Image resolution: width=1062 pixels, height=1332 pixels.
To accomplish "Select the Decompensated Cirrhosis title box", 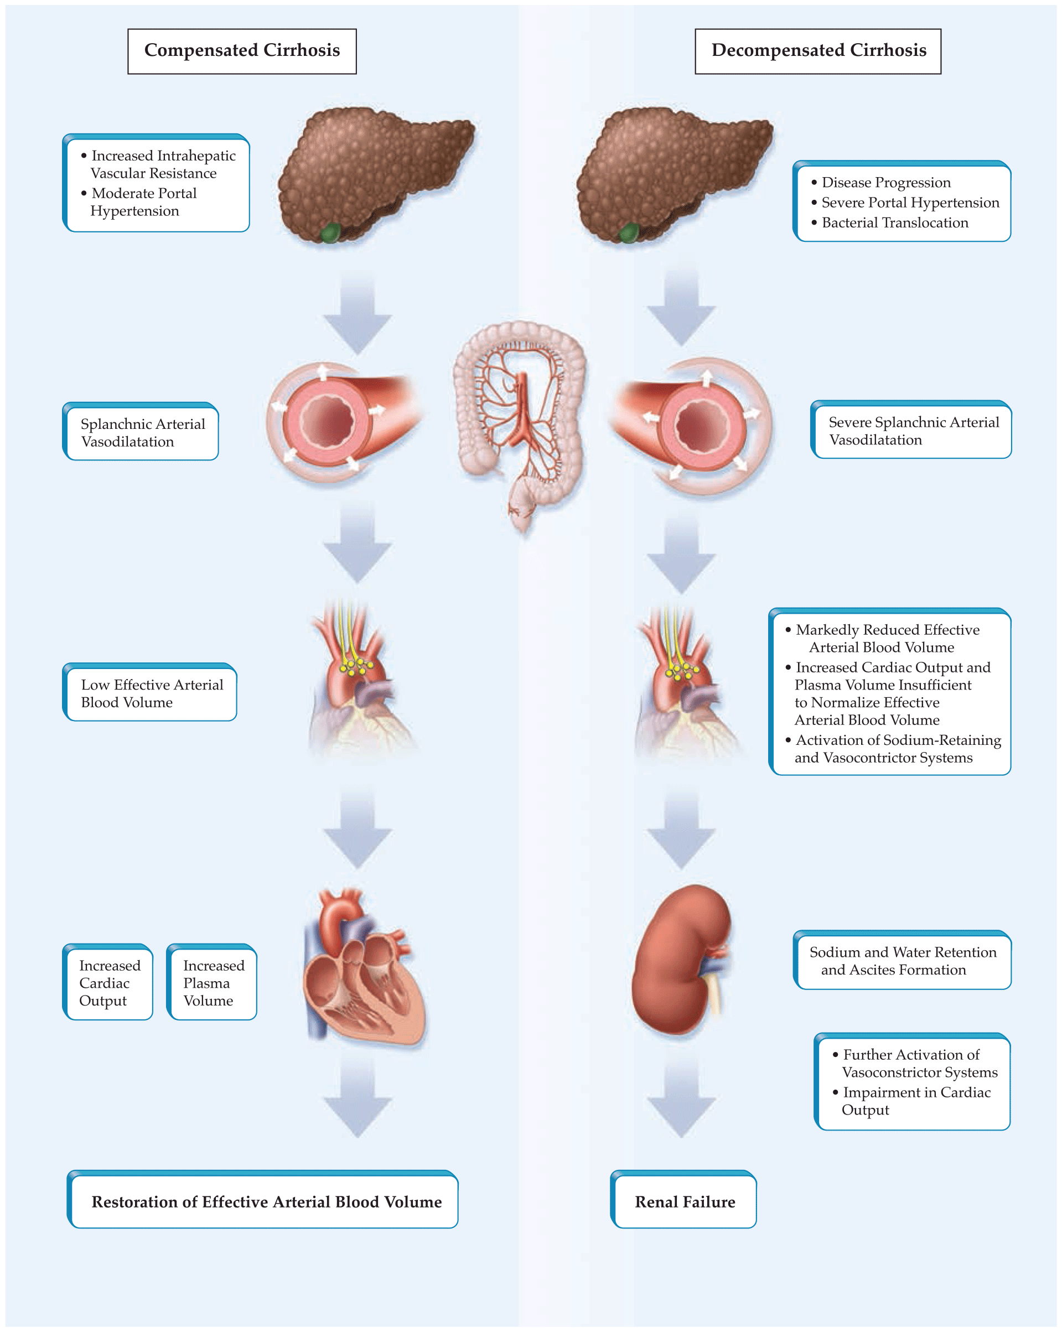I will point(817,51).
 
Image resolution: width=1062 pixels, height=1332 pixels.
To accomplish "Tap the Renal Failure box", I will point(684,1201).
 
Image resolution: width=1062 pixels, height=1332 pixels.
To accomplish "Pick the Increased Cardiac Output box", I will point(108,982).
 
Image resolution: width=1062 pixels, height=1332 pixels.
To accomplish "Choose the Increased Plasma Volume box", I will point(213,982).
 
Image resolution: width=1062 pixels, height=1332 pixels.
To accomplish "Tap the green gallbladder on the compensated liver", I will point(330,233).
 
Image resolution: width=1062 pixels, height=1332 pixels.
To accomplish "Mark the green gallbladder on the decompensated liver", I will point(629,233).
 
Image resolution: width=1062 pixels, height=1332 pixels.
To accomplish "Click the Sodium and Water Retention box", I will point(902,961).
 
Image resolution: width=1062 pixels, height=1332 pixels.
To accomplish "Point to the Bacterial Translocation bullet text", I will point(894,223).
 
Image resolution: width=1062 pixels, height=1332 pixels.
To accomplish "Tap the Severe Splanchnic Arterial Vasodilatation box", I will point(912,431).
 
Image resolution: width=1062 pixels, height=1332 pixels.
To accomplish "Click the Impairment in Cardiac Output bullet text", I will point(915,1101).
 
